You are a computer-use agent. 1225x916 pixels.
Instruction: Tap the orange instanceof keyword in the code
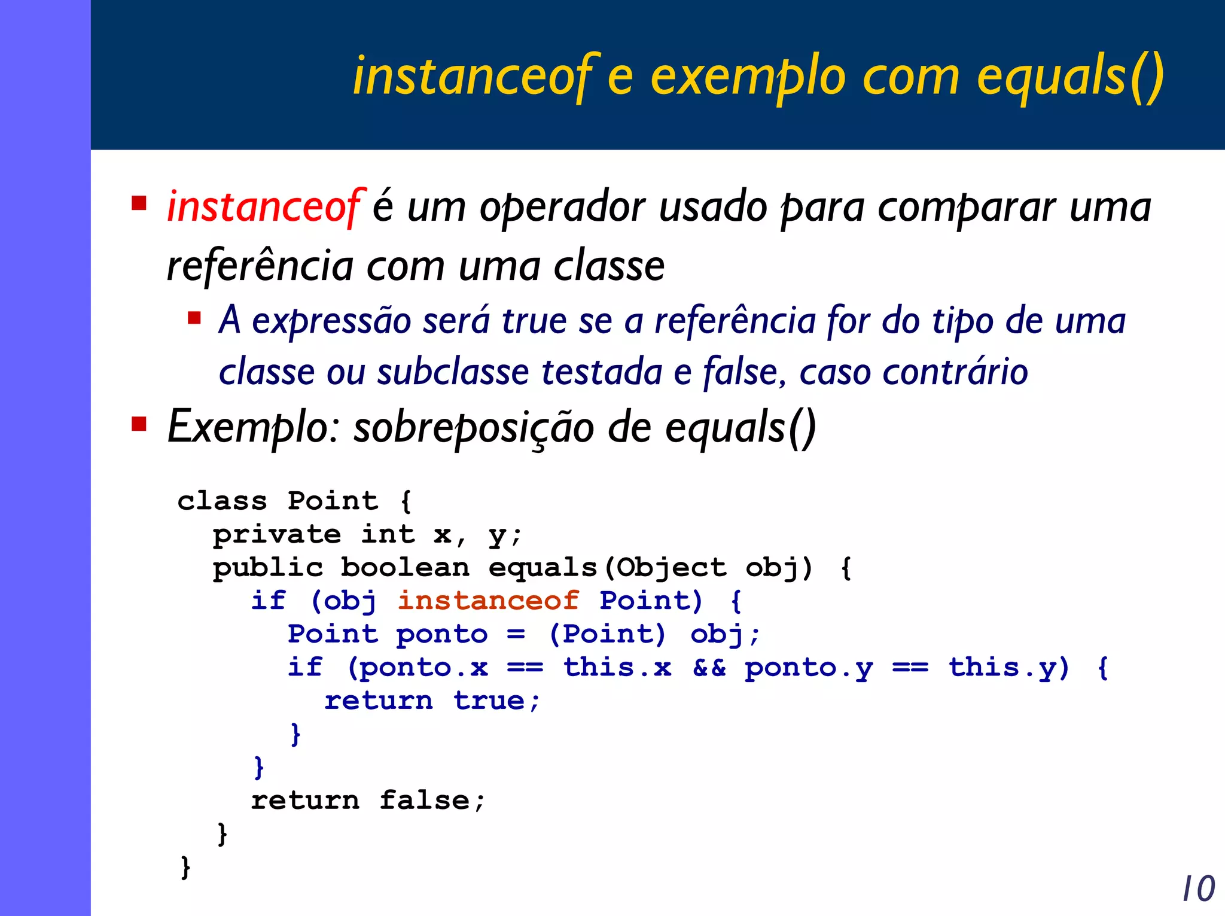pos(488,600)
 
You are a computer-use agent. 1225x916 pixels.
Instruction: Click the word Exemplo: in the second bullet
pos(254,427)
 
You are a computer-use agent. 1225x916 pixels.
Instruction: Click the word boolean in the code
pos(405,567)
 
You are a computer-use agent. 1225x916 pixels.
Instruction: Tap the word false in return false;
pos(424,800)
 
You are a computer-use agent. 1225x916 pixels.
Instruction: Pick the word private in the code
pos(277,534)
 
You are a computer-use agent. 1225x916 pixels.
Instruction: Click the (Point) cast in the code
pos(607,634)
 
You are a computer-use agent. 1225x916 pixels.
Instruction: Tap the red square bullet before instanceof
pos(139,203)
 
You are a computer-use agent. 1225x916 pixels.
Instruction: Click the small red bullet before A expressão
pos(194,317)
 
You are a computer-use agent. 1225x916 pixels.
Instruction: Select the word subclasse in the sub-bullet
pos(453,372)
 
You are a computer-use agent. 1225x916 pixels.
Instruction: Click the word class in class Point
pos(222,500)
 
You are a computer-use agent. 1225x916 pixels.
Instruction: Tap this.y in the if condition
pos(1008,668)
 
